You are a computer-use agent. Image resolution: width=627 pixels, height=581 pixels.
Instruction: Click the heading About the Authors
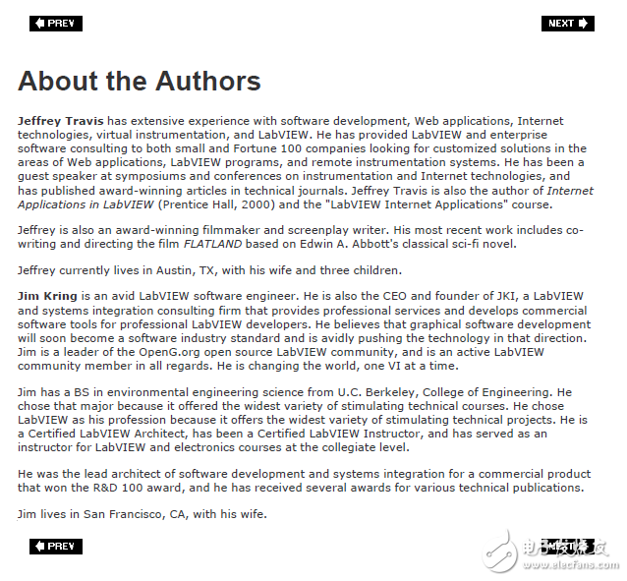[x=139, y=81]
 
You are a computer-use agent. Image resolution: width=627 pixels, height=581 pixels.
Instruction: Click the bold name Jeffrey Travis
[x=61, y=121]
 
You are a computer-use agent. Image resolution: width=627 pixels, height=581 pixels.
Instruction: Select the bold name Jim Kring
[x=48, y=296]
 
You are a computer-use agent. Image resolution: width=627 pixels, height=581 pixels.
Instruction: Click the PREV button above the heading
[x=56, y=24]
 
